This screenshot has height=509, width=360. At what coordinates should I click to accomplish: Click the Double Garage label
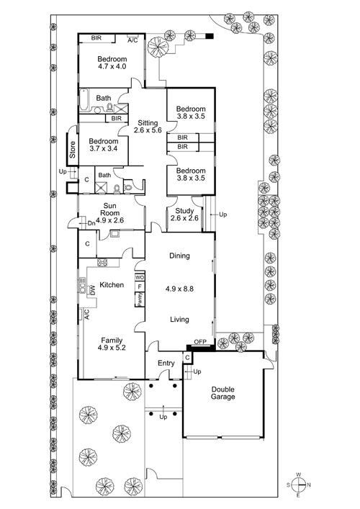[x=223, y=393]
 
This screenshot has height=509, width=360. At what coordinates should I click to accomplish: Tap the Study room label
[x=184, y=211]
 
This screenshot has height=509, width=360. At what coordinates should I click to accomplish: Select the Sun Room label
[x=109, y=209]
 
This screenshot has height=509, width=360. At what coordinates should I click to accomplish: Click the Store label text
[x=73, y=150]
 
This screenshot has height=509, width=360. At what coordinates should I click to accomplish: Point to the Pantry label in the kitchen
[x=140, y=299]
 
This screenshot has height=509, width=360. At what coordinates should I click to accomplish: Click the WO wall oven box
[x=140, y=278]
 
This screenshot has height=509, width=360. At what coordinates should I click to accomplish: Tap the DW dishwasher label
[x=92, y=289]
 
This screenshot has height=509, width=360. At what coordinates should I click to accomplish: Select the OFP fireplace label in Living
[x=200, y=342]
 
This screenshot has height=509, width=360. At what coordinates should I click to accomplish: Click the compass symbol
[x=298, y=485]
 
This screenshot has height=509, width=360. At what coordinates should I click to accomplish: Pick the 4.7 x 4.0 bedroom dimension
[x=112, y=66]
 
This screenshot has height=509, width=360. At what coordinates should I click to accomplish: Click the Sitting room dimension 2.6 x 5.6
[x=148, y=130]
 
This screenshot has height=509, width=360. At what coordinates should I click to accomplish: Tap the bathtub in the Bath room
[x=84, y=99]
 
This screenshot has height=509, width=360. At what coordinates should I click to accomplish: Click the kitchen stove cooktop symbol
[x=102, y=263]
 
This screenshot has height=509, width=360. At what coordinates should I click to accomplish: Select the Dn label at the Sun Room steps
[x=91, y=224]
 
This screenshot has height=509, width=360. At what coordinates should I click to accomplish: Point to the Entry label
[x=166, y=364]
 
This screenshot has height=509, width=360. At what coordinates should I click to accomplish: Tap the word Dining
[x=179, y=256]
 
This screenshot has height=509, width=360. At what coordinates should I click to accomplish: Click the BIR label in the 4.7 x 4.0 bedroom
[x=96, y=38]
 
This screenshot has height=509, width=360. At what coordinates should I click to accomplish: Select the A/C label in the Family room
[x=86, y=315]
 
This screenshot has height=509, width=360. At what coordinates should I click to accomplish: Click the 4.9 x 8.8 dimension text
[x=179, y=289]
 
